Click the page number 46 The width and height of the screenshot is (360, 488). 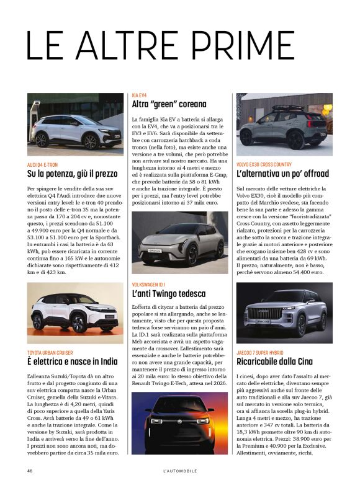pyautogui.click(x=30, y=470)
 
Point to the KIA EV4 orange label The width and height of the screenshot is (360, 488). pyautogui.click(x=139, y=95)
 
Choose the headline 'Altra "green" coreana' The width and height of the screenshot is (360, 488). pyautogui.click(x=169, y=105)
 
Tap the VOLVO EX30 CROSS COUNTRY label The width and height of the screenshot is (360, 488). pyautogui.click(x=269, y=165)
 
